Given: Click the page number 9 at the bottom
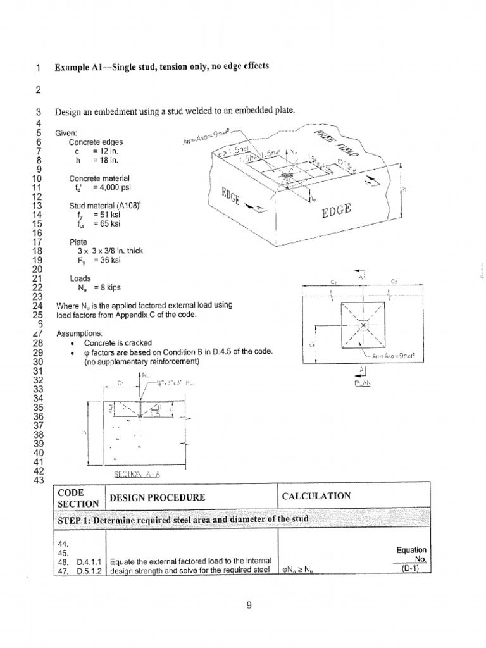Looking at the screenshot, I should (249, 606).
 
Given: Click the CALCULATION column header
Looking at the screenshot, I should (316, 496).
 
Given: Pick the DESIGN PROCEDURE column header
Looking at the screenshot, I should (158, 497).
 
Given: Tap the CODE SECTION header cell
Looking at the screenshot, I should (78, 498).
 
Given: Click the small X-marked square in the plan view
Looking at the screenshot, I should (363, 326).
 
